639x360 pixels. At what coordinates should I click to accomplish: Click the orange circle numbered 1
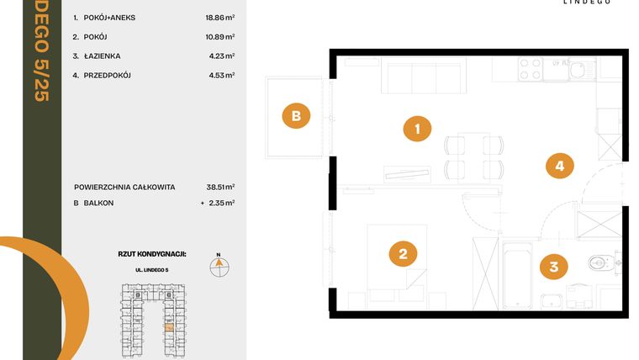(417, 129)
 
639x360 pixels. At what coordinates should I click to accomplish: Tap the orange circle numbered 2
(403, 253)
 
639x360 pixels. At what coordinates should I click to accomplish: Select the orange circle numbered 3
(552, 268)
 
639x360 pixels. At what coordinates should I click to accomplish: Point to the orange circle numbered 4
(559, 166)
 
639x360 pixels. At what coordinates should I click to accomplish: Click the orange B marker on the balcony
(295, 116)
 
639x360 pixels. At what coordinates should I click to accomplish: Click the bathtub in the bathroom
(516, 276)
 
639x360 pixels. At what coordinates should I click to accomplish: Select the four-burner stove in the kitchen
(530, 68)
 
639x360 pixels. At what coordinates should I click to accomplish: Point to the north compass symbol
(219, 266)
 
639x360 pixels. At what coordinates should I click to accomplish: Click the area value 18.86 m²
(219, 16)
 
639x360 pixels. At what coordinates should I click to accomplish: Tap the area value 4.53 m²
(221, 76)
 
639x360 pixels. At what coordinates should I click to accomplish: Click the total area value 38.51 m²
(219, 188)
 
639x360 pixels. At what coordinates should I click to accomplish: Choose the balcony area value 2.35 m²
(221, 203)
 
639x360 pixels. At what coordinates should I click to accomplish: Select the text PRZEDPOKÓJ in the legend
(108, 76)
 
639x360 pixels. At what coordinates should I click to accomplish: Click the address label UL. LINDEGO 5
(152, 268)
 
